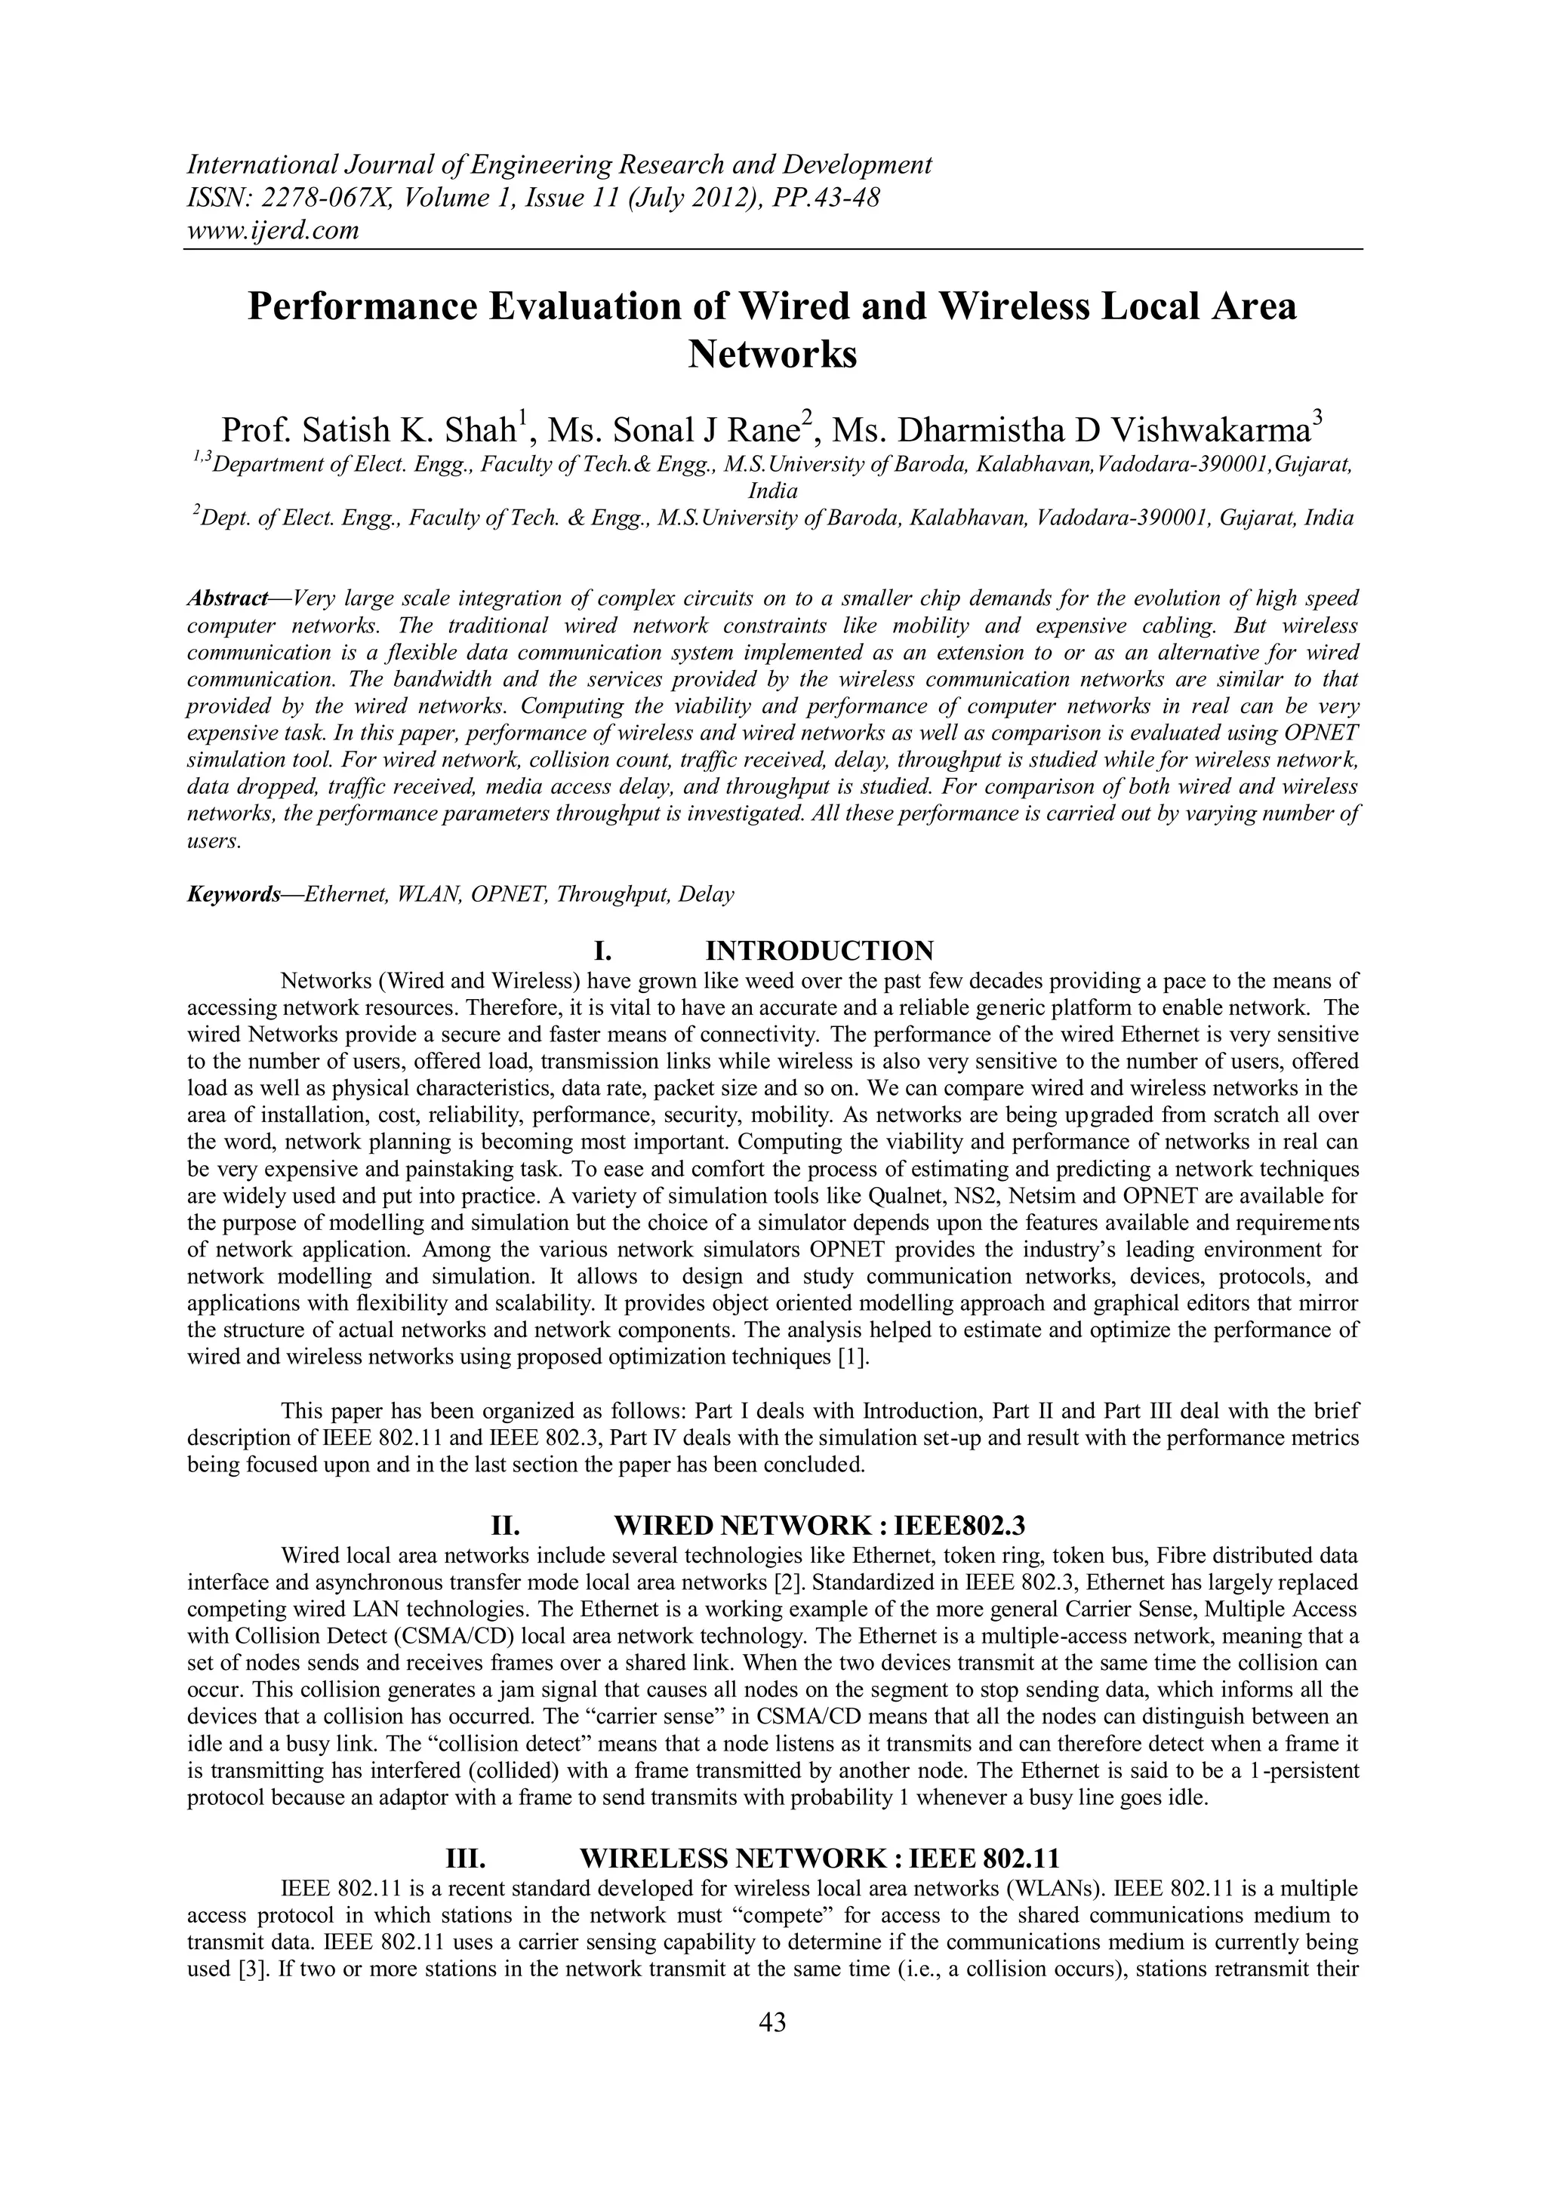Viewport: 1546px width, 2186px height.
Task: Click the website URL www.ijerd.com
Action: pos(273,229)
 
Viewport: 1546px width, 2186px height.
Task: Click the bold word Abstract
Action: pos(226,599)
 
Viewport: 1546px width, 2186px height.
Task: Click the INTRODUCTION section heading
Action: pos(819,950)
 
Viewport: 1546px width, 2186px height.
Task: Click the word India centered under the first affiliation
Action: pos(772,491)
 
